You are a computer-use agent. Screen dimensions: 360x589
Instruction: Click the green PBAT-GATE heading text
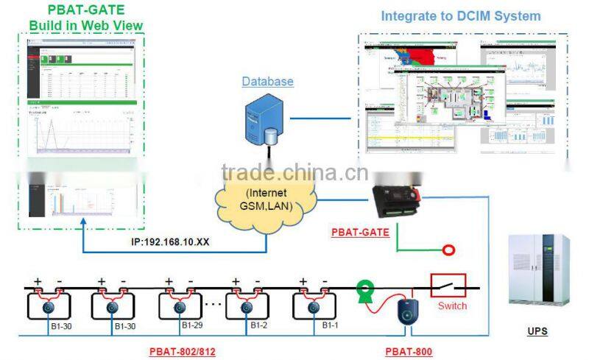click(85, 10)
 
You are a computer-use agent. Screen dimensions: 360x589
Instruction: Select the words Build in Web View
click(85, 26)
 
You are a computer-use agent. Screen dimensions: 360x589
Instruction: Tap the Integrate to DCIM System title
click(461, 15)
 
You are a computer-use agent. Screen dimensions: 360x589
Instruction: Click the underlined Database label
click(267, 81)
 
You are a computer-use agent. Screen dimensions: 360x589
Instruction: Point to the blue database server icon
click(259, 121)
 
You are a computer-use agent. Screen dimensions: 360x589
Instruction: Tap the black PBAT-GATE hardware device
click(395, 200)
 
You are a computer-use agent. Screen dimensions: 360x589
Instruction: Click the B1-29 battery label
click(191, 325)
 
